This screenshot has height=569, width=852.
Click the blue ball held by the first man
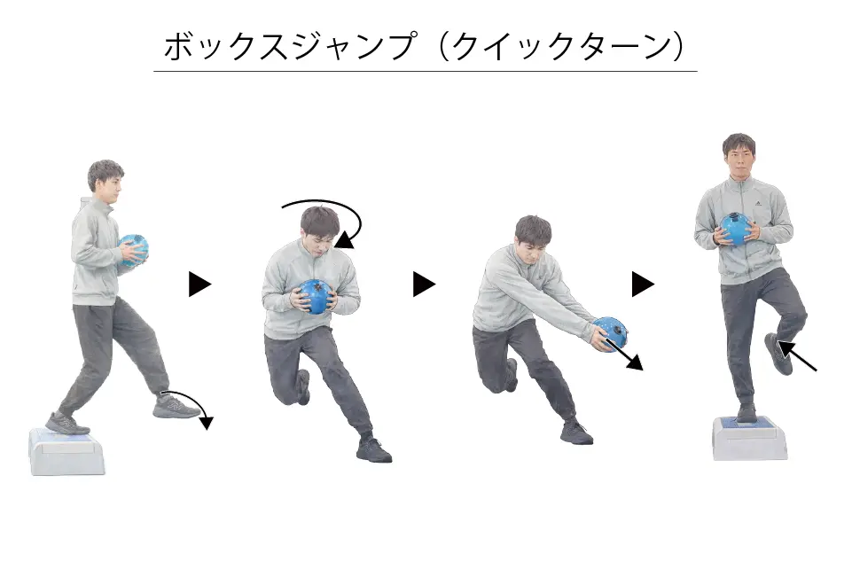134,250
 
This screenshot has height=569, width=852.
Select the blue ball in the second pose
315,296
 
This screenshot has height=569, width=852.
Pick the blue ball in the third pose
610,333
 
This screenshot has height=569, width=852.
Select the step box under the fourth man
749,439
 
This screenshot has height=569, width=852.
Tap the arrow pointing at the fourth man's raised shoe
798,356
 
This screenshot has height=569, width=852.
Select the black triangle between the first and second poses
199,284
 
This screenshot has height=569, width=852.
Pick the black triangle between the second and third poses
424,284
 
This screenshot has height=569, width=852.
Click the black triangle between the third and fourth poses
643,284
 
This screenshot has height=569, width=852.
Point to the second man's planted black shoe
373,450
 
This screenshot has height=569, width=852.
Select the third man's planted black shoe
576,433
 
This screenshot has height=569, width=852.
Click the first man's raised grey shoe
176,407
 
